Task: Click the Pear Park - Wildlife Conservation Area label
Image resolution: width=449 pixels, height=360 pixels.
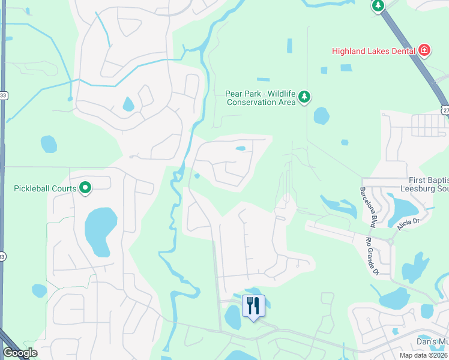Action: point(261,98)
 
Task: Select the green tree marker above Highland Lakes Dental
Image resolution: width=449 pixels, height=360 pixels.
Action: point(378,6)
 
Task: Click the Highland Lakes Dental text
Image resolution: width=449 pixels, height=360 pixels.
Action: point(375,51)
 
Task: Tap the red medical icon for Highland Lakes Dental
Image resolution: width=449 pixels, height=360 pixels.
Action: point(424,50)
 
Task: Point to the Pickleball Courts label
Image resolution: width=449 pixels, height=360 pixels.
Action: point(45,188)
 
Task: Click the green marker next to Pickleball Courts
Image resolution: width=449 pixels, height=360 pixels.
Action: point(85,188)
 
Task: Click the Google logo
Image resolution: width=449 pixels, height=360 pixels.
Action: point(19,353)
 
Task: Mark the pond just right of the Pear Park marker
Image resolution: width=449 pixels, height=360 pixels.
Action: point(322,115)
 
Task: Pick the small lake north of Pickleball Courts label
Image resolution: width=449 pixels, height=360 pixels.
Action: point(49,144)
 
